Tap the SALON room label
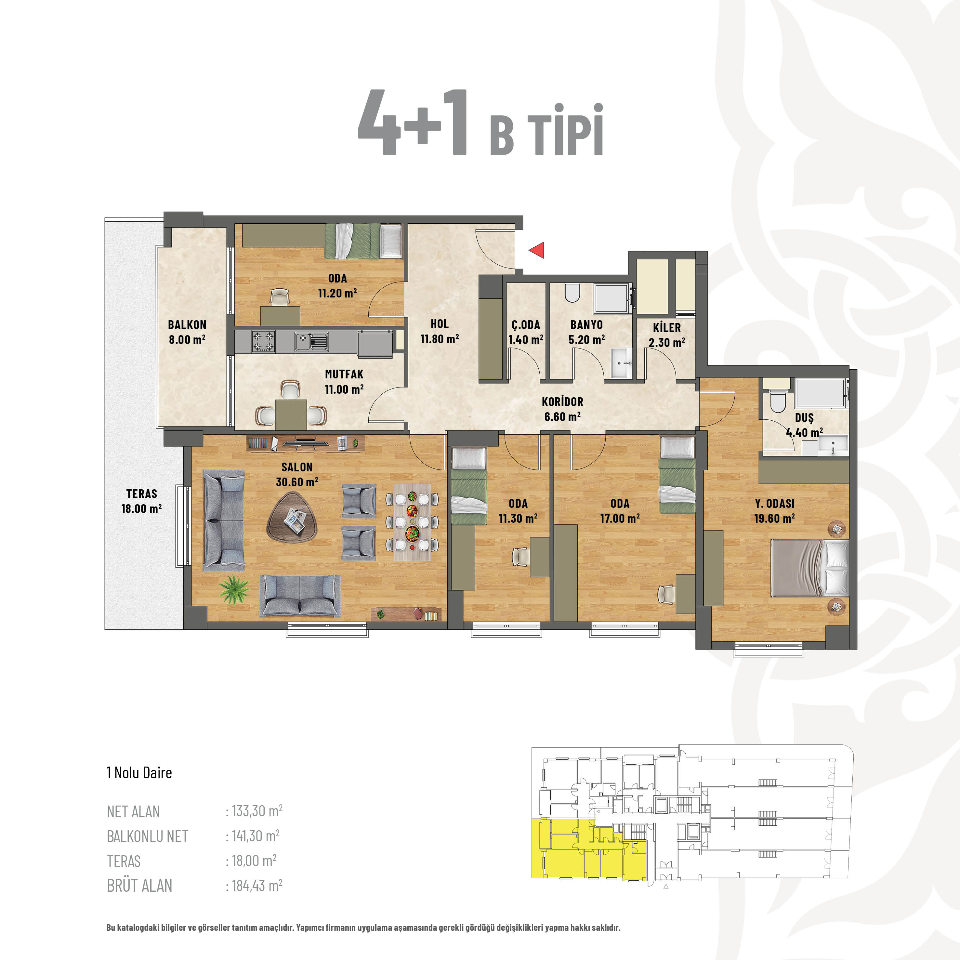pyautogui.click(x=297, y=467)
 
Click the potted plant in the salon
pyautogui.click(x=234, y=589)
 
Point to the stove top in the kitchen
pyautogui.click(x=263, y=342)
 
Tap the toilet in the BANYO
pyautogui.click(x=573, y=293)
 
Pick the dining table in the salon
pyautogui.click(x=413, y=523)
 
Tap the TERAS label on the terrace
pyautogui.click(x=142, y=494)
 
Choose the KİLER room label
pyautogui.click(x=667, y=327)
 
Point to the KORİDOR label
pyautogui.click(x=562, y=401)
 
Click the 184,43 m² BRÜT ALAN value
pyautogui.click(x=255, y=886)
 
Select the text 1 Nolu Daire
pyautogui.click(x=139, y=773)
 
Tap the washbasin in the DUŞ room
pyautogui.click(x=833, y=445)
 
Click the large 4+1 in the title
pyautogui.click(x=413, y=122)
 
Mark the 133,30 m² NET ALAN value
pyautogui.click(x=255, y=811)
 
